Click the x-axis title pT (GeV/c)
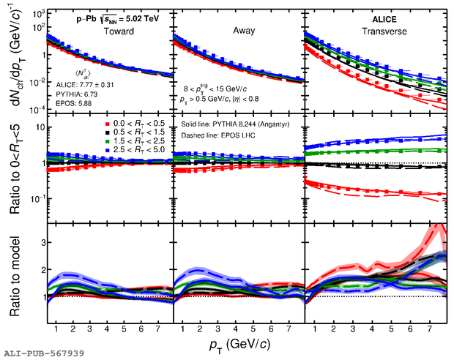click(237, 342)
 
